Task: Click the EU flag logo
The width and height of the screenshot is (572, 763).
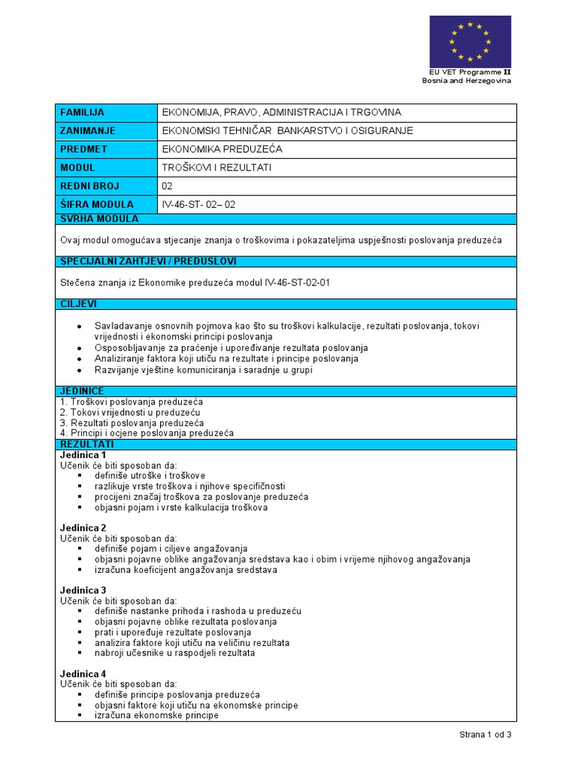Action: pyautogui.click(x=470, y=41)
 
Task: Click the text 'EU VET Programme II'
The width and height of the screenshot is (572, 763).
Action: pyautogui.click(x=470, y=72)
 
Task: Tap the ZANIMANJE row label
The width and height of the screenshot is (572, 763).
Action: pyautogui.click(x=87, y=131)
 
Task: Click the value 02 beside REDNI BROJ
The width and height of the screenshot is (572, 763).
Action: pyautogui.click(x=168, y=186)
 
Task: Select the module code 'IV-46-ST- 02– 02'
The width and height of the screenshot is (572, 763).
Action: pyautogui.click(x=198, y=204)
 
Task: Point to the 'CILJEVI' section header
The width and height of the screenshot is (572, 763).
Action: pyautogui.click(x=78, y=304)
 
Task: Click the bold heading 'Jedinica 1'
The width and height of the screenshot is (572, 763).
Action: pyautogui.click(x=83, y=455)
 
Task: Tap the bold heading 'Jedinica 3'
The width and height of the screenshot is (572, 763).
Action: pyautogui.click(x=83, y=591)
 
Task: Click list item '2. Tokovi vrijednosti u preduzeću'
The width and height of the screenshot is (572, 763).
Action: pyautogui.click(x=130, y=412)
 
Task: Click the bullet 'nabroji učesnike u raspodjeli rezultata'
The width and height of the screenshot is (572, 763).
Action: pyautogui.click(x=175, y=653)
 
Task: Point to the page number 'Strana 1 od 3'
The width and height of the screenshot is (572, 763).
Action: pyautogui.click(x=485, y=735)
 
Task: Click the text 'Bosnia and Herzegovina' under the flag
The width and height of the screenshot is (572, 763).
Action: pyautogui.click(x=467, y=80)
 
